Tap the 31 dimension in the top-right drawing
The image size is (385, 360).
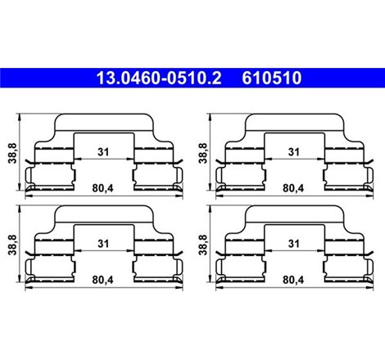292,151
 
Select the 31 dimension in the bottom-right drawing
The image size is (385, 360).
292,242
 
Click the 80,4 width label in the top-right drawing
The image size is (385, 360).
292,187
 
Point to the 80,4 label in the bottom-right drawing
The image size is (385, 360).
292,279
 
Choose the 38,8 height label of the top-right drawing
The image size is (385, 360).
202,153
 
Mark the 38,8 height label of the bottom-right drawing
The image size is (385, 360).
202,244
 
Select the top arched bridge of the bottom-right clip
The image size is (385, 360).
292,213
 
